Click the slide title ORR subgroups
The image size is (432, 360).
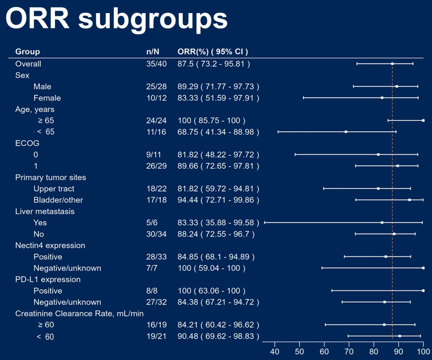[116, 19]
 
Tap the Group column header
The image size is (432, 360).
[27, 52]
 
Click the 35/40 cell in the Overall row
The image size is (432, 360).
[156, 64]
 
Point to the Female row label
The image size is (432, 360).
[47, 98]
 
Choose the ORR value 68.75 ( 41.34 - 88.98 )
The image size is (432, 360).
[218, 132]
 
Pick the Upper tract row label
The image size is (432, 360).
[54, 189]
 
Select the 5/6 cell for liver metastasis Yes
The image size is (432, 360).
[152, 223]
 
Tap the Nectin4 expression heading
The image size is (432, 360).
[50, 245]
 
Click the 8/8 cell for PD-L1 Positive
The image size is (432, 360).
[152, 291]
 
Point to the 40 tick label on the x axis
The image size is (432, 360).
[275, 352]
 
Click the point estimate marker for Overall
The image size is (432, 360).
[392, 64]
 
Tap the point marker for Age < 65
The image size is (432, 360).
[346, 132]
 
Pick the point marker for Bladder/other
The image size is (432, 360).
[410, 200]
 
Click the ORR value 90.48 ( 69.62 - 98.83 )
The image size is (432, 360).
[218, 336]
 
